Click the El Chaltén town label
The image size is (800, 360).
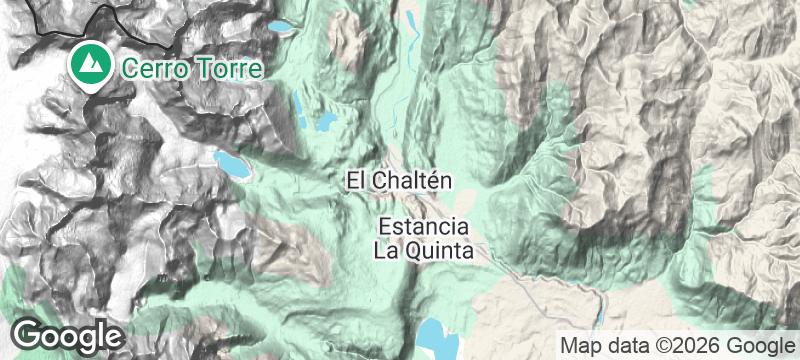400,180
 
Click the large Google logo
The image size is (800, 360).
68,335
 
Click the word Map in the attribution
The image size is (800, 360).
580,345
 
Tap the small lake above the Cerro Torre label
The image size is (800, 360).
281,27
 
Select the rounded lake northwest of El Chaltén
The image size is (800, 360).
326,124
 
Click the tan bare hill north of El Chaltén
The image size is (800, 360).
350,40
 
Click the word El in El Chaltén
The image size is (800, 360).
357,180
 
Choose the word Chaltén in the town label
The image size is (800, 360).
415,180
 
